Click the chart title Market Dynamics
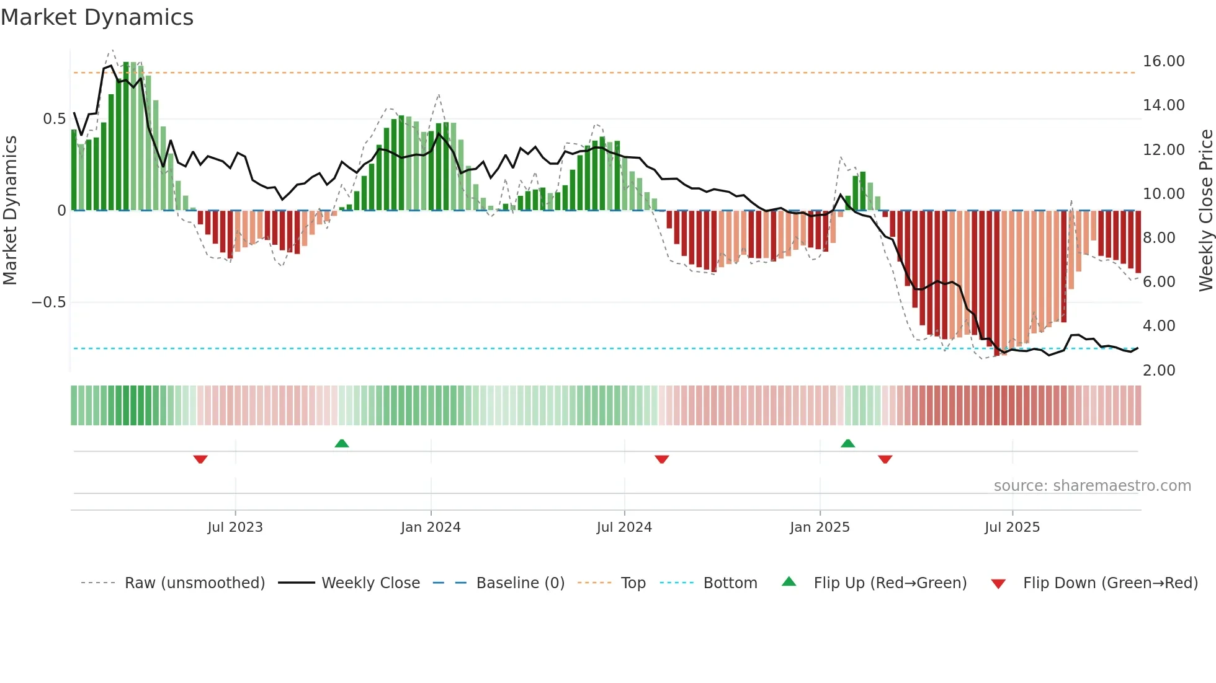coord(97,17)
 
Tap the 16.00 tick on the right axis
coord(1163,61)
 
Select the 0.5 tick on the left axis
coord(54,119)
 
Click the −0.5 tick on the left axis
coord(48,302)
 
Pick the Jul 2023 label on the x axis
coord(235,527)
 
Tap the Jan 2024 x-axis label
coord(431,527)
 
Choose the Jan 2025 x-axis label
coord(820,527)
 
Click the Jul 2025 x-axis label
coord(1012,527)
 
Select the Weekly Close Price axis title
coord(1205,210)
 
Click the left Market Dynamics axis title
coord(10,210)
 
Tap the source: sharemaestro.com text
coord(1092,486)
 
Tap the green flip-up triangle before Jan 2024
coord(342,443)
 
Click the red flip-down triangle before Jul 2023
coord(200,459)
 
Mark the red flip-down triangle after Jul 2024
coord(662,459)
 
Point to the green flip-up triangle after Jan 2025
coord(848,443)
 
